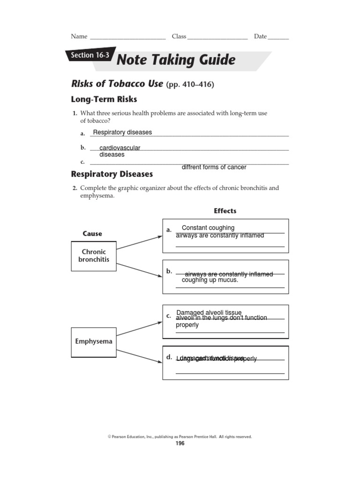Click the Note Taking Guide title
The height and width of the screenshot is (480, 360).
[x=175, y=60]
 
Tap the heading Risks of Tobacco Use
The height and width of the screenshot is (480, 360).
[x=117, y=84]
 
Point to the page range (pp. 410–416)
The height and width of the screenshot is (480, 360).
[x=190, y=84]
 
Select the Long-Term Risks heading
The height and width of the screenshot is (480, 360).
[x=104, y=99]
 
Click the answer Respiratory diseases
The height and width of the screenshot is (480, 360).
[x=122, y=132]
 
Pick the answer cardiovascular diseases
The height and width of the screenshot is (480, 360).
[x=119, y=151]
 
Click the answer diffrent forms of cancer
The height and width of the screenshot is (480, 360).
[x=213, y=167]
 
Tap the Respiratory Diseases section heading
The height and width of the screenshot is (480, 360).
[x=112, y=174]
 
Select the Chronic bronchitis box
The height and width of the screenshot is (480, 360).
[x=94, y=255]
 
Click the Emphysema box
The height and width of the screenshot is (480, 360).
[x=94, y=341]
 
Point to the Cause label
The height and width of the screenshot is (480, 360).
[x=92, y=233]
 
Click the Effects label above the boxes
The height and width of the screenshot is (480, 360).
[x=225, y=211]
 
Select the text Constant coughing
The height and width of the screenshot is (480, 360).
[x=208, y=228]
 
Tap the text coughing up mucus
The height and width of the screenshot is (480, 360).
[x=210, y=280]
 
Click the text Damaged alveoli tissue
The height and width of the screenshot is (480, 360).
[x=209, y=313]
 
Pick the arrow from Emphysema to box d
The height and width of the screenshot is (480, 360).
[x=139, y=356]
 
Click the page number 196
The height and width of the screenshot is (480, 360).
[x=180, y=443]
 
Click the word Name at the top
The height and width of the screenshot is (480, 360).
[x=79, y=37]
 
